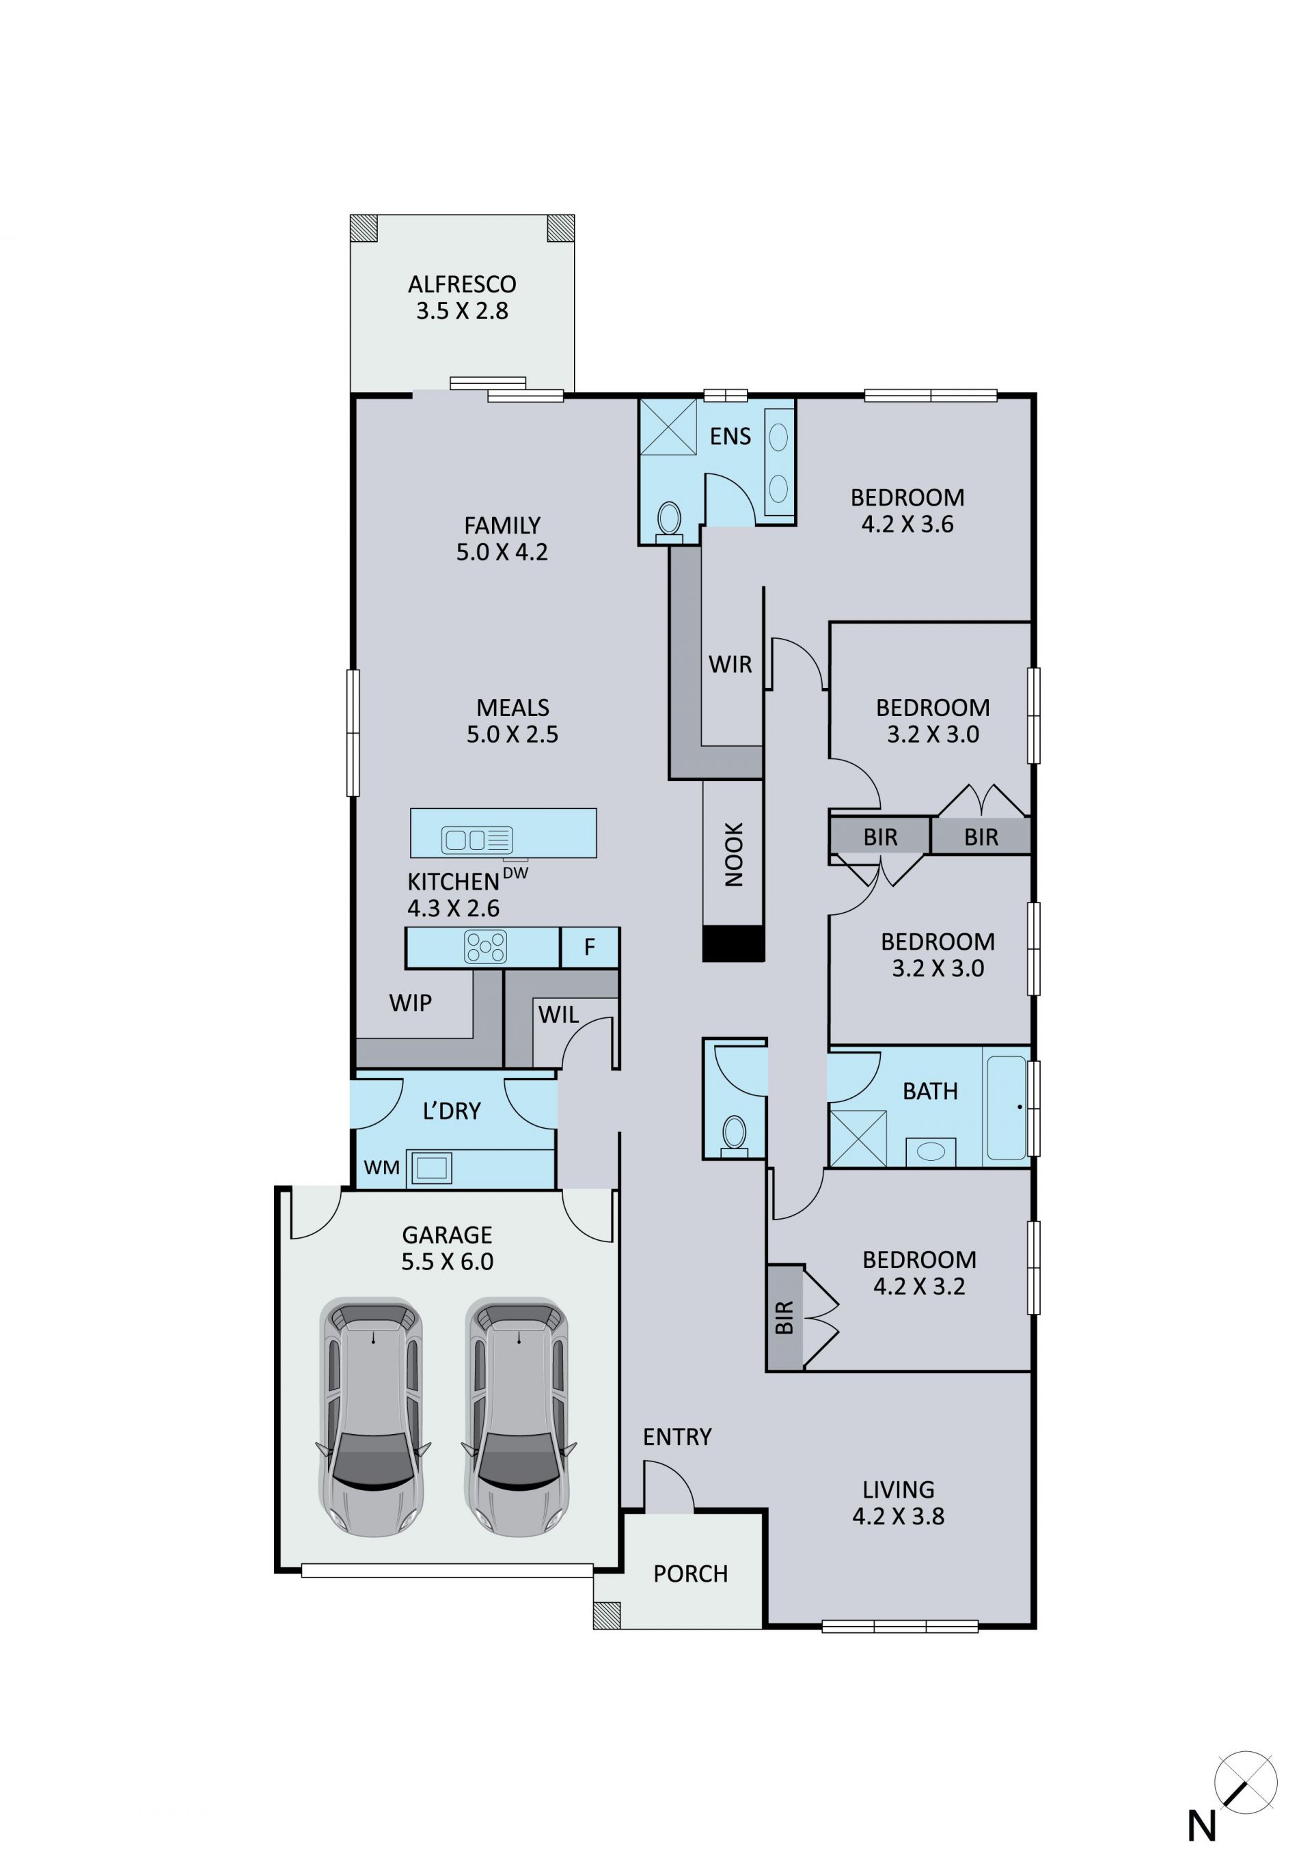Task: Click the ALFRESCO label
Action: click(x=462, y=284)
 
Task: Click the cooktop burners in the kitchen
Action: click(x=486, y=947)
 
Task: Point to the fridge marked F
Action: click(x=590, y=947)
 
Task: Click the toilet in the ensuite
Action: click(x=669, y=521)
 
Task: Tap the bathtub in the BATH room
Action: click(x=1007, y=1108)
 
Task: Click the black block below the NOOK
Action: click(x=733, y=944)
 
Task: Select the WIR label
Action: click(x=730, y=664)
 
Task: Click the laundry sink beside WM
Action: click(x=431, y=1168)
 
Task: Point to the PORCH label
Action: click(x=691, y=1574)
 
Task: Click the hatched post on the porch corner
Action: click(x=607, y=1616)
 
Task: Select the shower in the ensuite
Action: click(x=668, y=426)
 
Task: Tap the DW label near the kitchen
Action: click(x=515, y=872)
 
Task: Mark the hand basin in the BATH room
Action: click(x=931, y=1151)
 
